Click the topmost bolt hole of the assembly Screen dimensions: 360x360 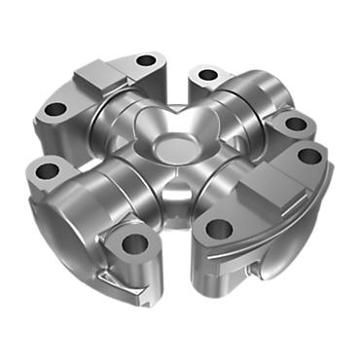[x=147, y=61]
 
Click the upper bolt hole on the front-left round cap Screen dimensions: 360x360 [x=45, y=172]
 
